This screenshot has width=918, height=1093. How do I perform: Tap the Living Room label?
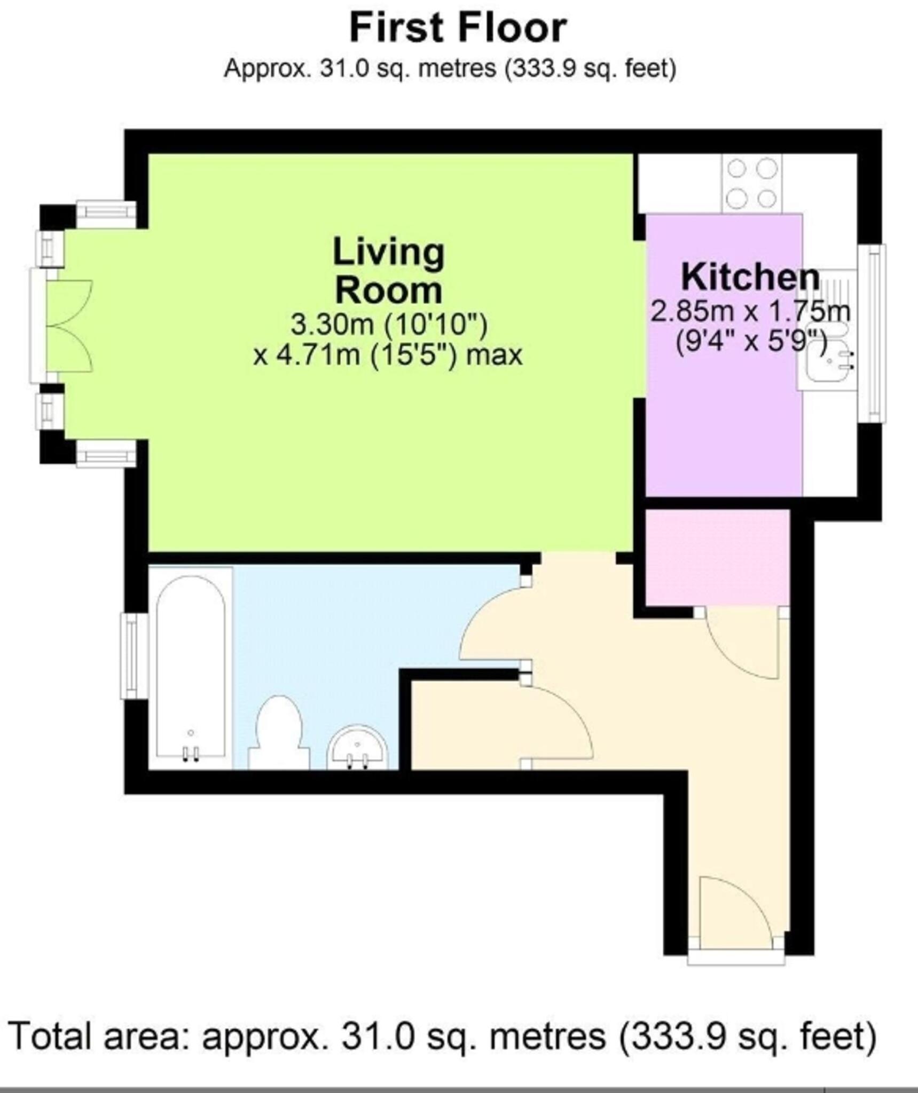388,271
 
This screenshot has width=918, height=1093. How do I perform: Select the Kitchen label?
750,277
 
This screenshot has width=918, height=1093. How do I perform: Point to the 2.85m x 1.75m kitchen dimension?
750,311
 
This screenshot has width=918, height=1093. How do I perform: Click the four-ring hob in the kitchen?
752,184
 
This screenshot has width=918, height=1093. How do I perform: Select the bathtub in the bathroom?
191,667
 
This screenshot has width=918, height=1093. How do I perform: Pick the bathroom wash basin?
357,747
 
